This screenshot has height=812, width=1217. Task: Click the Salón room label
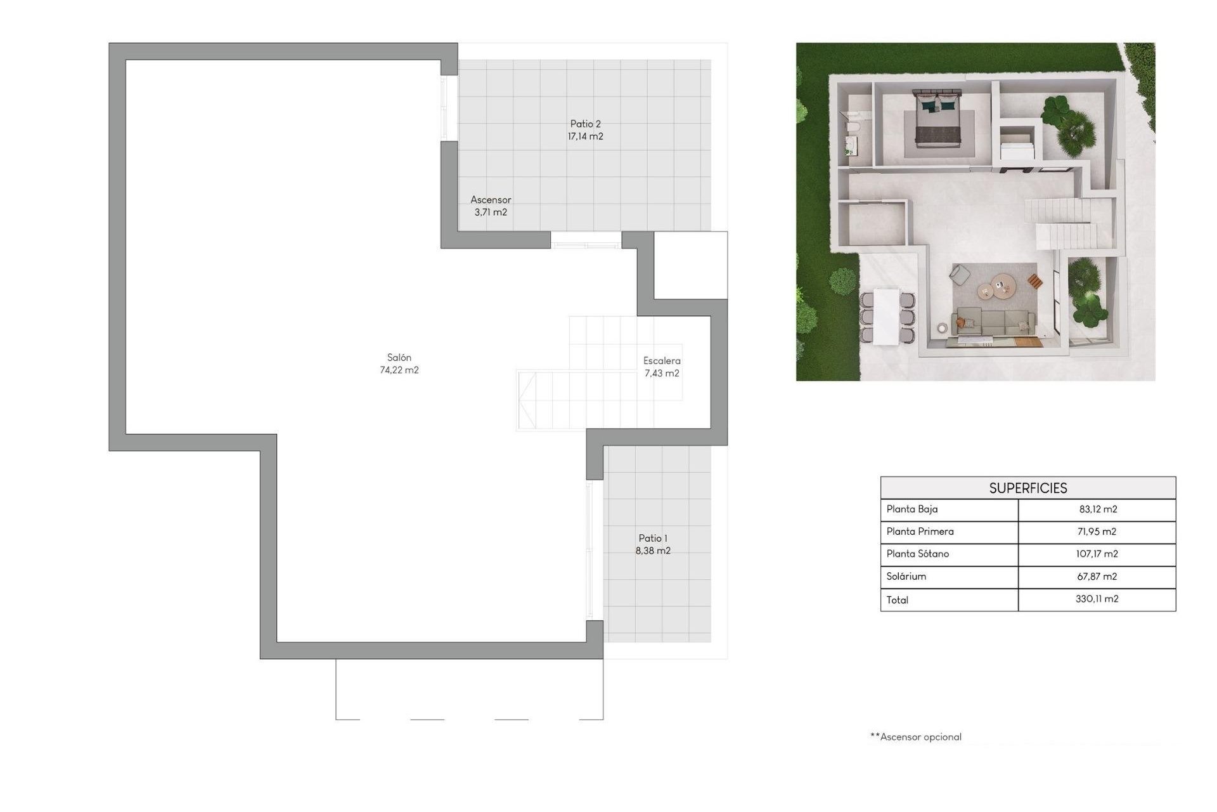[x=399, y=358]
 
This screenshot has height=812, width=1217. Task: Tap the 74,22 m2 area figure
[x=399, y=370]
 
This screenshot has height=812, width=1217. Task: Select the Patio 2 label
[x=585, y=124]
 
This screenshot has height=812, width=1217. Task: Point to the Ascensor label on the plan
[x=491, y=200]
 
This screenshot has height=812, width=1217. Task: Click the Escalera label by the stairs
[x=662, y=361]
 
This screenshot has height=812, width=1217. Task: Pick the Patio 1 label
[x=653, y=539]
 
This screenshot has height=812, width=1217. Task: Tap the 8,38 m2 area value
[x=653, y=551]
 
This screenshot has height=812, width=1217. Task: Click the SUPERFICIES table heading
[x=1028, y=488]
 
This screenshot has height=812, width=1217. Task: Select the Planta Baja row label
[x=912, y=509]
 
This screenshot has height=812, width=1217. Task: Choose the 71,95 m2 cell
[x=1097, y=532]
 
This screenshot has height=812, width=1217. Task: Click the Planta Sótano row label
[x=918, y=554]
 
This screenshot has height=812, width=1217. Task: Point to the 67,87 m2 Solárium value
[x=1097, y=577]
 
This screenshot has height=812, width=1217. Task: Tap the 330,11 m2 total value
[x=1097, y=599]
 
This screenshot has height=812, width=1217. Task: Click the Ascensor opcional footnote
[x=916, y=737]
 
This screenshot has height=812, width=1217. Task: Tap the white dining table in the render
[x=885, y=316]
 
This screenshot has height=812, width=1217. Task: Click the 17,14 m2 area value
[x=585, y=137]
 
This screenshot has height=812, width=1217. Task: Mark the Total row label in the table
[x=898, y=599]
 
